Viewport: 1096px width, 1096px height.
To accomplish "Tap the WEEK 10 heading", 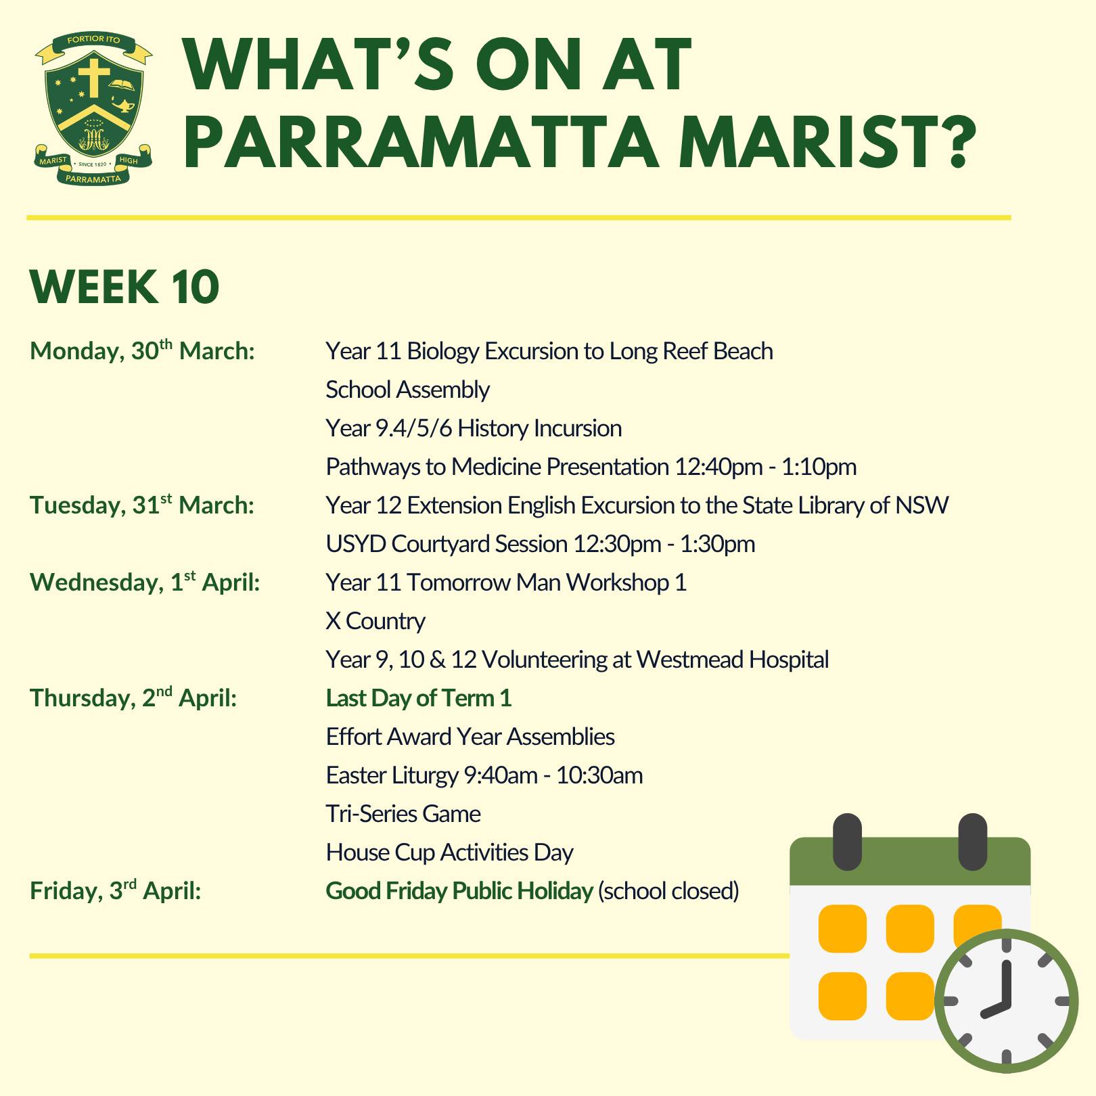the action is (124, 288).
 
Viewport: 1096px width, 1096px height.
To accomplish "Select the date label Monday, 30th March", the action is (142, 350).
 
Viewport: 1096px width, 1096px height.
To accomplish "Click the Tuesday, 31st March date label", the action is (142, 505).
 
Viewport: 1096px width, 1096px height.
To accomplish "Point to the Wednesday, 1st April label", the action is (145, 582).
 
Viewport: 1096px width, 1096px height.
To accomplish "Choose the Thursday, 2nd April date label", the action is (133, 698).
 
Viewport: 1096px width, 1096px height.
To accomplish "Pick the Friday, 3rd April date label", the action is (116, 890).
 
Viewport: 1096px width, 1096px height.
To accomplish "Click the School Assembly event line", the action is (407, 390).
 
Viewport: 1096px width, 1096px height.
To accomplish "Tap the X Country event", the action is (375, 621).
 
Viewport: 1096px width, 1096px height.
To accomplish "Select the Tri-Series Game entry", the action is (403, 813).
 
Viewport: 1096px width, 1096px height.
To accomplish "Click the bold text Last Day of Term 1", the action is (419, 698).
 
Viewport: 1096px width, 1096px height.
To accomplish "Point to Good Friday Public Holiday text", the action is (459, 891).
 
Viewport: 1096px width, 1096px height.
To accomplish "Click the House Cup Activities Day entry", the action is (449, 852).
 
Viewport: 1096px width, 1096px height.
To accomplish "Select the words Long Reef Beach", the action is (691, 351).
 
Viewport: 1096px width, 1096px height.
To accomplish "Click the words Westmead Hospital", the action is (732, 660).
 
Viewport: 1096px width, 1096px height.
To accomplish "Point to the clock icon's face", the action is (1006, 1001).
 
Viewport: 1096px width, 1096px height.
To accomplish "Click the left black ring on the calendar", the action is (848, 842).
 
